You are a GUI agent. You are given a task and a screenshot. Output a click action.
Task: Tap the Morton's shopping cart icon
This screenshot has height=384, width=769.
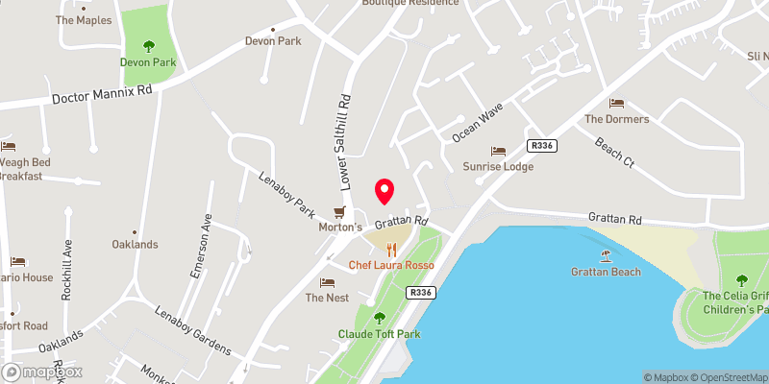338,212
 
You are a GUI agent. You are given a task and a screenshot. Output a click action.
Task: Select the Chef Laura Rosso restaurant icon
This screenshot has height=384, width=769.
391,249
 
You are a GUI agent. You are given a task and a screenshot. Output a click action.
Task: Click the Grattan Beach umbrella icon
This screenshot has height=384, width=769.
606,255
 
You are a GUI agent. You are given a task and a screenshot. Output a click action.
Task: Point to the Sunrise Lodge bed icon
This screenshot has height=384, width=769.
498,151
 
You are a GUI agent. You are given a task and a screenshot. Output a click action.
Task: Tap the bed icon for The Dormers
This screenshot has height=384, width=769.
617,104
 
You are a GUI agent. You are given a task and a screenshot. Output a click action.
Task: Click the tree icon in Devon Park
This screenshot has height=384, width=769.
149,45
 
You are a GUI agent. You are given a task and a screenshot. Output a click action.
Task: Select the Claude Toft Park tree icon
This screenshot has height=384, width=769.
379,318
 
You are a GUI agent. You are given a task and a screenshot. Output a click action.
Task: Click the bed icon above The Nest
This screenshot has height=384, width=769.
327,282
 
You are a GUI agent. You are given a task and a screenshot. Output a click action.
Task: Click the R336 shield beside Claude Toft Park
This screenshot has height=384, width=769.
419,292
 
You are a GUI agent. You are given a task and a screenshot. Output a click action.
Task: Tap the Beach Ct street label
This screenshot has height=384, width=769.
614,150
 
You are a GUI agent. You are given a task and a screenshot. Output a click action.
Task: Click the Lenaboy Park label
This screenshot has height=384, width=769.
287,193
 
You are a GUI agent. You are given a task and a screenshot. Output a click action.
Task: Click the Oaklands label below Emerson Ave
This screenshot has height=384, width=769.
135,244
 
